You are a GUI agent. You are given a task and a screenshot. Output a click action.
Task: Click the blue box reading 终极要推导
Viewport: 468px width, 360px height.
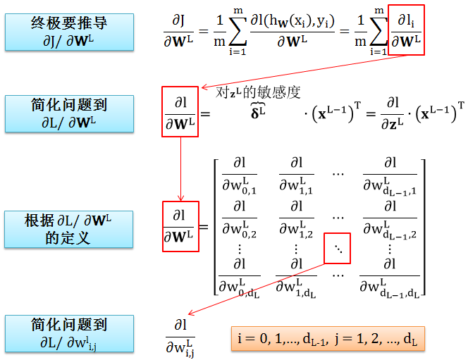click(x=69, y=32)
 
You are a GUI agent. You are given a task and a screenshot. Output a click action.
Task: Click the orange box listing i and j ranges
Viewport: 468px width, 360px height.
click(x=328, y=340)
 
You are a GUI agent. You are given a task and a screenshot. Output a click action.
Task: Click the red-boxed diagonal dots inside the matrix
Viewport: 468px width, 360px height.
click(x=335, y=249)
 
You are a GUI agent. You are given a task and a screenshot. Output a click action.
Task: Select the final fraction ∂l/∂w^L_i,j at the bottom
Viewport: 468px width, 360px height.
click(x=180, y=337)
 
